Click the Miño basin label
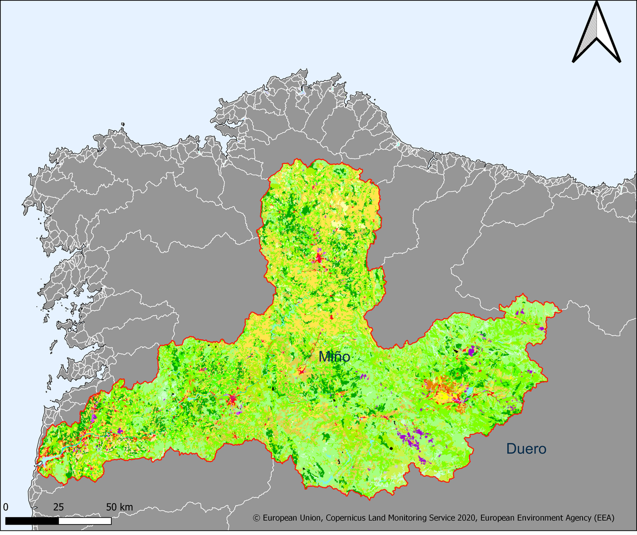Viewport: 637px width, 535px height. tap(334, 357)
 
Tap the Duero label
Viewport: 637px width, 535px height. tap(526, 449)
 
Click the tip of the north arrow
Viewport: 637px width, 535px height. tap(597, 3)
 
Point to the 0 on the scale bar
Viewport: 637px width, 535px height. tap(5, 507)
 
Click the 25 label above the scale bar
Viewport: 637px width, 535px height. tap(58, 507)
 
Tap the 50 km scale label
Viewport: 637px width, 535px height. tap(119, 507)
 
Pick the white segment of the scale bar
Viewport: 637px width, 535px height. tap(85, 521)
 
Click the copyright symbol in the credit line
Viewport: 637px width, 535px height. tap(256, 519)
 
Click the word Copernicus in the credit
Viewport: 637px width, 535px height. tap(348, 519)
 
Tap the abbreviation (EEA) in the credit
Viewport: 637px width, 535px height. tap(603, 519)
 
